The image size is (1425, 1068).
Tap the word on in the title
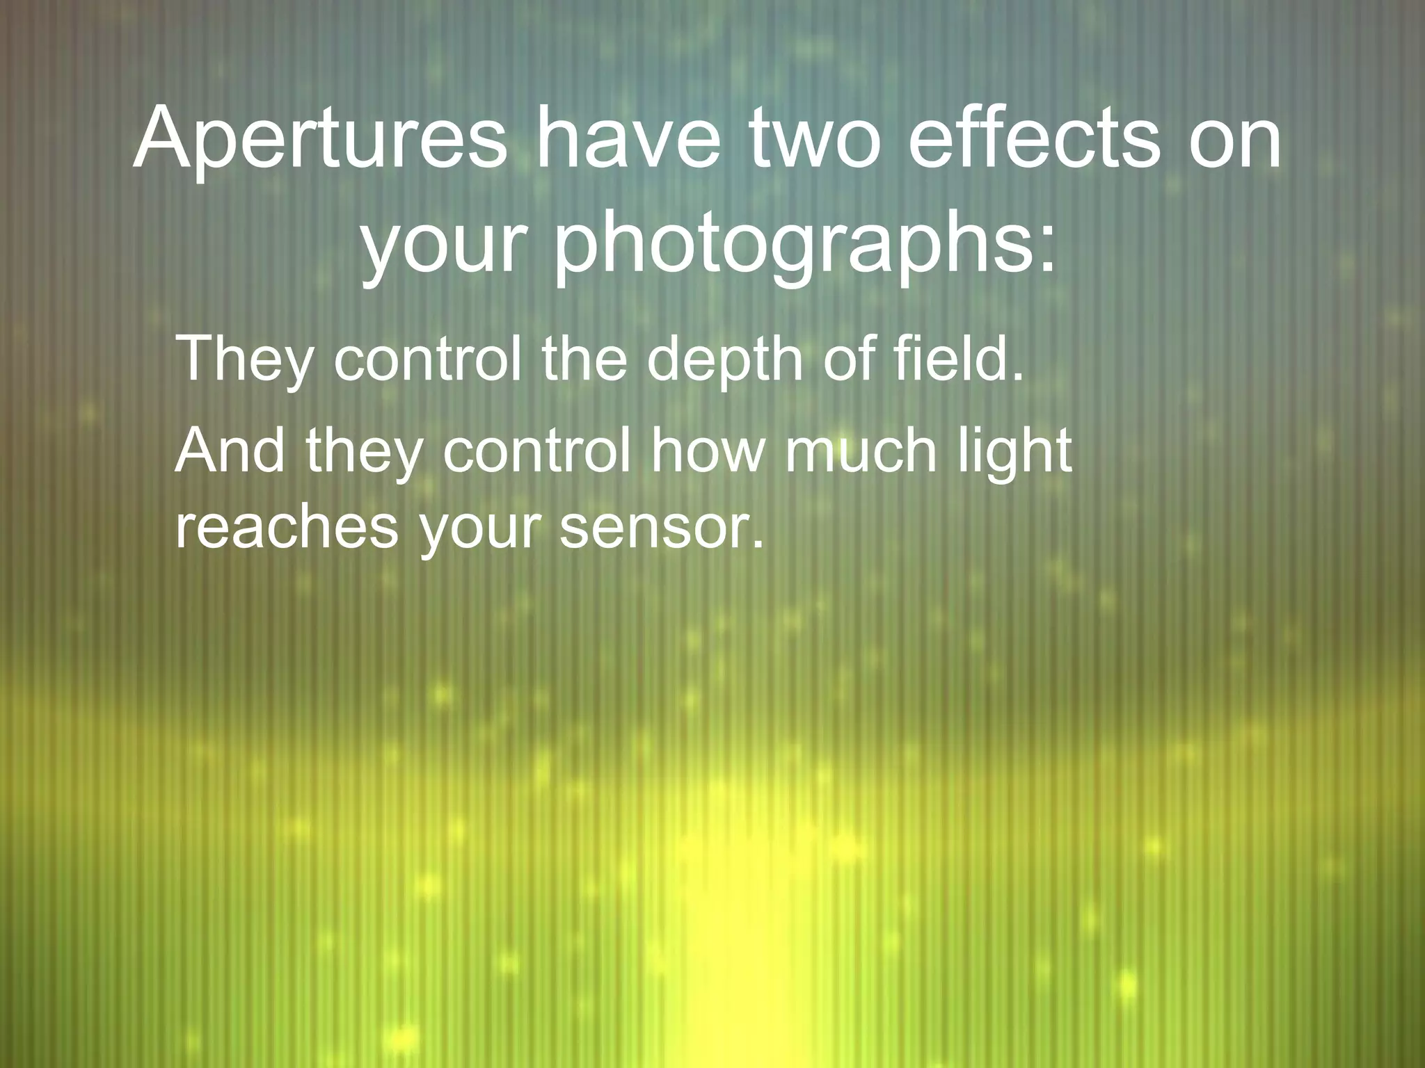1235,138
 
